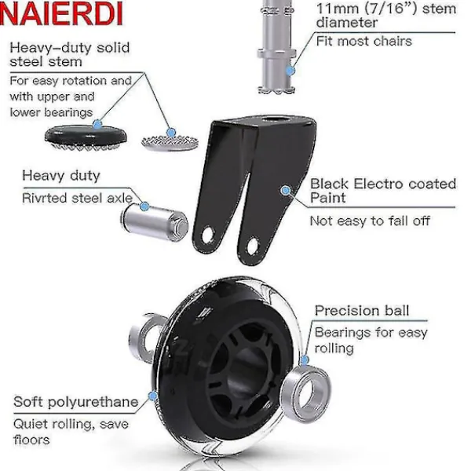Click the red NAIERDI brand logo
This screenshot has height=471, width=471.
pyautogui.click(x=61, y=14)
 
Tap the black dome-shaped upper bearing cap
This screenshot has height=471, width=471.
pyautogui.click(x=86, y=136)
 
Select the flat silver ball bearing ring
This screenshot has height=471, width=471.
pyautogui.click(x=170, y=142)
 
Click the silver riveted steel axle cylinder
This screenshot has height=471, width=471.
pyautogui.click(x=155, y=222)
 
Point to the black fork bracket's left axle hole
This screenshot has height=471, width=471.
pyautogui.click(x=208, y=235)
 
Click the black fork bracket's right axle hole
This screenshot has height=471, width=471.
pyautogui.click(x=253, y=246)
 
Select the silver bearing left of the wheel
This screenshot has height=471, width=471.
pyautogui.click(x=144, y=336)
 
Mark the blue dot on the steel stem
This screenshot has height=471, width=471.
pyautogui.click(x=290, y=71)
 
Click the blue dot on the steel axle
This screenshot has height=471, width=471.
pyautogui.click(x=144, y=206)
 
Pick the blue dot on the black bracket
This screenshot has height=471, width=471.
pyautogui.click(x=286, y=190)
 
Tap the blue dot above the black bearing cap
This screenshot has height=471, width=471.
pyautogui.click(x=97, y=124)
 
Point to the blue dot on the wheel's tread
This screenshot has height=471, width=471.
pyautogui.click(x=153, y=396)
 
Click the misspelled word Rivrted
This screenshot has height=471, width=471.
pyautogui.click(x=45, y=198)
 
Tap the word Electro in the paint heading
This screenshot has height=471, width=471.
pyautogui.click(x=378, y=184)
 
